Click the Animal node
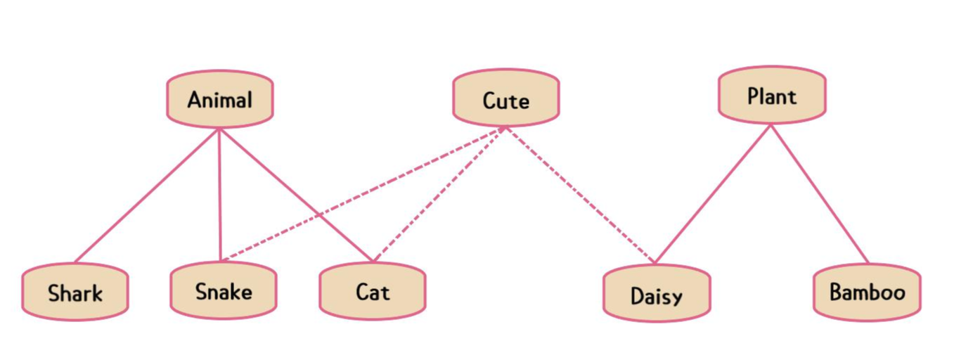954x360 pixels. point(219,99)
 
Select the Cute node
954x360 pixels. point(505,99)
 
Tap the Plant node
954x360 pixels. point(771,96)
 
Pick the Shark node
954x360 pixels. point(75,292)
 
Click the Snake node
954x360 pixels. point(223,290)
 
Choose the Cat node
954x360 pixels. point(372,290)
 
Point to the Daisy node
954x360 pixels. point(656,295)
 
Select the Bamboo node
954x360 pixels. point(867,292)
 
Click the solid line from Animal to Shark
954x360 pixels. point(147,195)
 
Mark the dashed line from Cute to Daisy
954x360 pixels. point(580,195)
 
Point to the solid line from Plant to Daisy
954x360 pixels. point(712,194)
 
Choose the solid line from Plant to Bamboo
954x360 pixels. point(819,194)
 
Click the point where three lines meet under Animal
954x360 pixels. point(219,129)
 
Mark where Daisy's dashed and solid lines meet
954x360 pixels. point(655,263)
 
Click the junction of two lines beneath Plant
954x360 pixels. point(771,125)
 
